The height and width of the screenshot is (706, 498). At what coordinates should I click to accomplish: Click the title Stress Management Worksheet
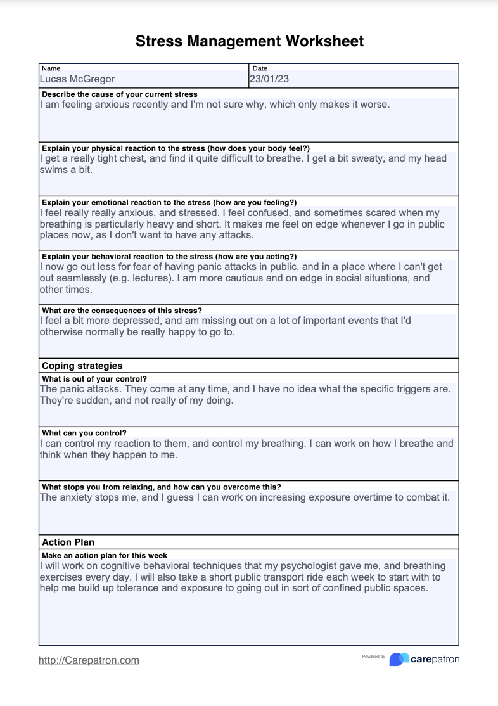coord(249,42)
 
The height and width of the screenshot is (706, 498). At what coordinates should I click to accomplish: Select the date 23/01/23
coord(269,79)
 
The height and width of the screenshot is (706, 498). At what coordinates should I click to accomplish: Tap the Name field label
coord(51,68)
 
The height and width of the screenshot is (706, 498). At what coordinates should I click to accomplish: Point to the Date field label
coord(260,68)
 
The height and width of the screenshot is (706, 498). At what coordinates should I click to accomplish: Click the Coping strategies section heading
coord(82,366)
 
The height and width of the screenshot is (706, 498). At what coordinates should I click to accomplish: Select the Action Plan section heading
coord(68,542)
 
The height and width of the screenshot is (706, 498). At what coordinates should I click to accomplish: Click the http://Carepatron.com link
coord(89,660)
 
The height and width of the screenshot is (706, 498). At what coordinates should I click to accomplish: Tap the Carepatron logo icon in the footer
coord(399,659)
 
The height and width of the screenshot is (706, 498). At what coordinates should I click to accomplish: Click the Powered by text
coord(374,657)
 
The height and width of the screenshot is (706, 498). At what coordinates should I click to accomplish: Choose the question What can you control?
coord(84,433)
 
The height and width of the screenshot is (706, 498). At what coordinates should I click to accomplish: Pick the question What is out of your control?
coord(94,379)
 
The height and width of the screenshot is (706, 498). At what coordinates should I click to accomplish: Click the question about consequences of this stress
coord(122,311)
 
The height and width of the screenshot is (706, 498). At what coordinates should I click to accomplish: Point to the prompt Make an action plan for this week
coord(104,555)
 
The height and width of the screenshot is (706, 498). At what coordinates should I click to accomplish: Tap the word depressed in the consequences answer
coord(133,321)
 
